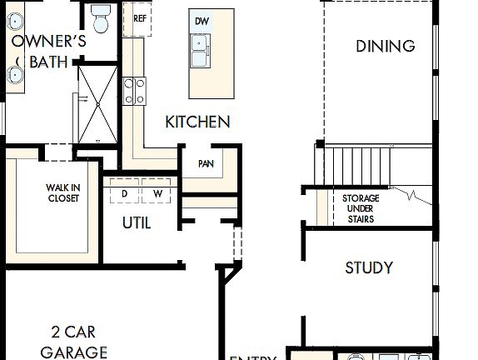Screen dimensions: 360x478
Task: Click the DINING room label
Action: [x=385, y=46]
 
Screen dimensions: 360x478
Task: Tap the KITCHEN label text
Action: [x=197, y=122]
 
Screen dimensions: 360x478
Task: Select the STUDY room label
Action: [x=369, y=268]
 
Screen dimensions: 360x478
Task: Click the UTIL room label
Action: [x=137, y=223]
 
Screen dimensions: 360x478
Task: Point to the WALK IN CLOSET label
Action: [x=62, y=193]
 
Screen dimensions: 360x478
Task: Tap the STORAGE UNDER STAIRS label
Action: [x=361, y=208]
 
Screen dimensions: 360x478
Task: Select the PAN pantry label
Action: [x=206, y=163]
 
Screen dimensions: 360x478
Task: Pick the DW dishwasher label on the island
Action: [x=202, y=21]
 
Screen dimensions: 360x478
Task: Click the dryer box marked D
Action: [x=124, y=192]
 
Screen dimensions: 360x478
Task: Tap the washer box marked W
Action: [x=157, y=192]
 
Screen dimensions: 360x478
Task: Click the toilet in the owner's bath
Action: [x=101, y=18]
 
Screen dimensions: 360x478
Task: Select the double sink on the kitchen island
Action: [x=202, y=51]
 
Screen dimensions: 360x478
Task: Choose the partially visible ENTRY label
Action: [x=252, y=357]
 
